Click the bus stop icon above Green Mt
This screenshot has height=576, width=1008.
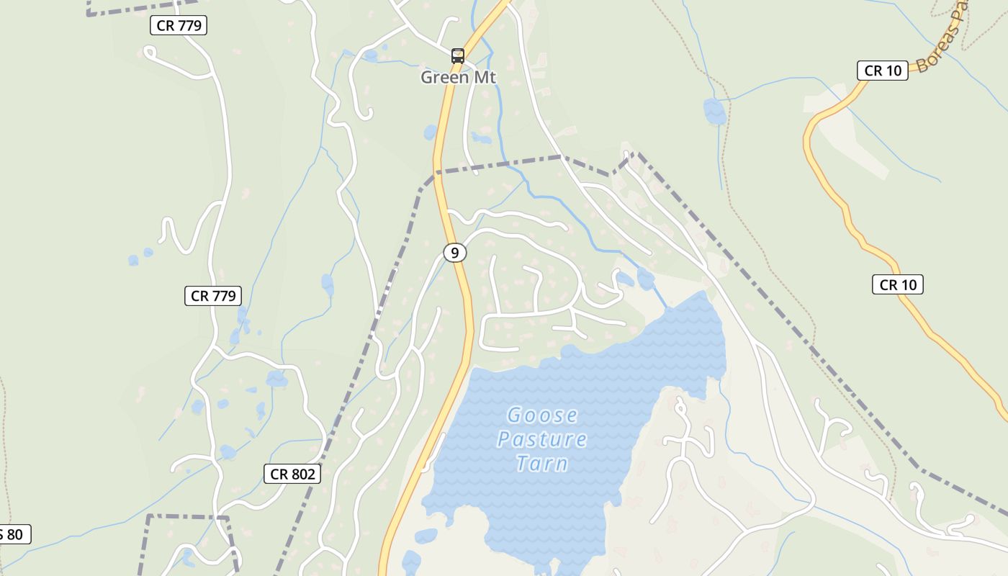pos(458,55)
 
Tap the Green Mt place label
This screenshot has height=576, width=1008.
pos(459,77)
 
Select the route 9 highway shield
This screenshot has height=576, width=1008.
pos(454,253)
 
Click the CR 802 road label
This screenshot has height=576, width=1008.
pos(292,474)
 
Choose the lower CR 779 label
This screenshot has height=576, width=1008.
pos(212,295)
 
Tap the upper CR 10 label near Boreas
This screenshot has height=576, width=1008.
pos(882,71)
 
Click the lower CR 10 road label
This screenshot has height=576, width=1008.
pos(898,284)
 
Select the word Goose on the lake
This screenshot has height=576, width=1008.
pos(542,415)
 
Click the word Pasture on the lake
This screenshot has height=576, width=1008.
pos(542,439)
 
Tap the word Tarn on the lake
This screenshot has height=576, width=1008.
pos(542,463)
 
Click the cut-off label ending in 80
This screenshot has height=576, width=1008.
pos(13,534)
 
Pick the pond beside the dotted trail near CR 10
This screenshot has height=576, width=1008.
pos(714,111)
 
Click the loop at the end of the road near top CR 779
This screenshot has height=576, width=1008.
pos(150,52)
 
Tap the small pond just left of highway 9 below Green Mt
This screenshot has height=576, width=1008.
pos(431,132)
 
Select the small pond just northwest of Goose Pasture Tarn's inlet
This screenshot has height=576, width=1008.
pos(625,279)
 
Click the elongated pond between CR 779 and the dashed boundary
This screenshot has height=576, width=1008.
pos(328,285)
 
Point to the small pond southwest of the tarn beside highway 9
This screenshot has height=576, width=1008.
pos(426,536)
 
